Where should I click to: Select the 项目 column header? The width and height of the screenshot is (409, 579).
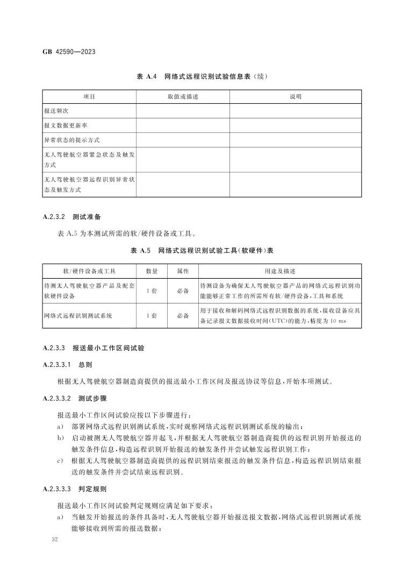click(89, 97)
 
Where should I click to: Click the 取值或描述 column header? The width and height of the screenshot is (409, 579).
click(183, 97)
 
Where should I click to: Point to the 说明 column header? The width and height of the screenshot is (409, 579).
click(296, 97)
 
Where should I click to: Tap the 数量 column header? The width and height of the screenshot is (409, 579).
click(152, 271)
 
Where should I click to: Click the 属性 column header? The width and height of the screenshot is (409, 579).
click(183, 271)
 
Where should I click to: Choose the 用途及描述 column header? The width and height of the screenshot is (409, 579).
click(280, 271)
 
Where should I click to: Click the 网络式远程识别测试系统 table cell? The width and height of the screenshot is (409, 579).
click(78, 316)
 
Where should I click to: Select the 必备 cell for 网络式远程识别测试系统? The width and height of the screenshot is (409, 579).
click(183, 316)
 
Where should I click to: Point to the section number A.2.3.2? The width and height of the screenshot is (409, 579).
click(54, 217)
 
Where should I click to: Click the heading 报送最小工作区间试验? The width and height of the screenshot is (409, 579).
click(108, 348)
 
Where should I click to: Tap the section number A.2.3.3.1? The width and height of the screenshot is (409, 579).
click(56, 364)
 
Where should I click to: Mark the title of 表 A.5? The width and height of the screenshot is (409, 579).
click(202, 251)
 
